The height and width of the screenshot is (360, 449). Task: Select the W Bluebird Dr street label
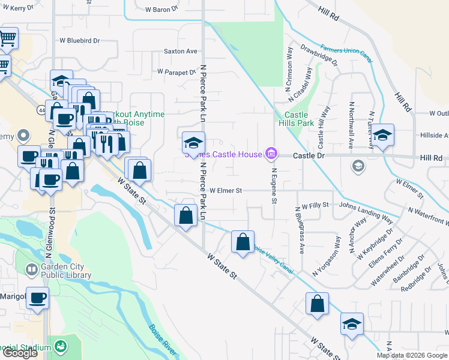coord(79,41)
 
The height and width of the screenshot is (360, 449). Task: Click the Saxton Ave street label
coord(180,52)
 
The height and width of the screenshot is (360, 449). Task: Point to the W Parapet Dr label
coord(176,71)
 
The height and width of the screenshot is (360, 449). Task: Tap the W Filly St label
coord(315,205)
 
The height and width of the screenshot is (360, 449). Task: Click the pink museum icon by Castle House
coord(271,155)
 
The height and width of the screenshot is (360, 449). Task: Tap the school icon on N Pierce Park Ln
coord(193,143)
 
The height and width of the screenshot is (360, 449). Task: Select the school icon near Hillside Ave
coord(382,136)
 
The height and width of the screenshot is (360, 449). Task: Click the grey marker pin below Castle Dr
coord(358,166)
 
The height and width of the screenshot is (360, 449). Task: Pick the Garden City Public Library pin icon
coord(31,271)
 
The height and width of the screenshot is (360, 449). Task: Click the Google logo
coord(20,353)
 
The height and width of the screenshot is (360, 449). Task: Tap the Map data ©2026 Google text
coord(412,355)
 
